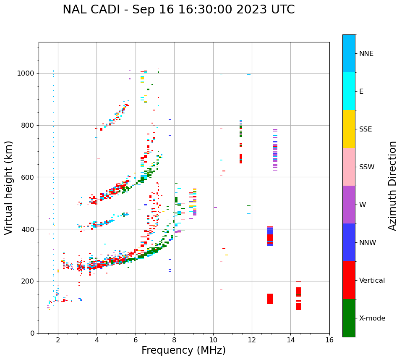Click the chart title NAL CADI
[178, 10]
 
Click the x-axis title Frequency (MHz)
[183, 350]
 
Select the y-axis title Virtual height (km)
[9, 187]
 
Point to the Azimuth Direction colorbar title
[392, 186]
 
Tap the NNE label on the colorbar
[366, 54]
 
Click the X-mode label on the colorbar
[372, 318]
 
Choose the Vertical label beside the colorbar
[372, 281]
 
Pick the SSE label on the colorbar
[365, 129]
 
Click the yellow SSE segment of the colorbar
[349, 129]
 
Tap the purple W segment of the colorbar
[349, 205]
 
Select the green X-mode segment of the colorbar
[349, 318]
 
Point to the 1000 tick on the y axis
[28, 73]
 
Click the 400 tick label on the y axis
[29, 229]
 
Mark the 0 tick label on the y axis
[33, 333]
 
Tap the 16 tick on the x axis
[329, 339]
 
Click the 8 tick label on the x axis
[174, 339]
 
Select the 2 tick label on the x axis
[58, 339]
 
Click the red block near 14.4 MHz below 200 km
[298, 298]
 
